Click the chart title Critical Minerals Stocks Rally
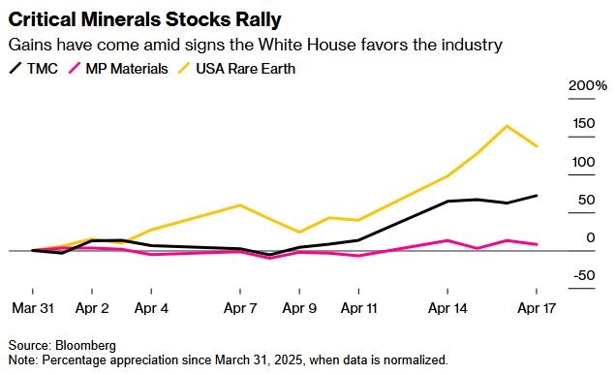144,19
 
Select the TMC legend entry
33,69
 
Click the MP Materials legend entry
118,69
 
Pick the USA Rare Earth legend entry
236,69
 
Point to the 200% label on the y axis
588,85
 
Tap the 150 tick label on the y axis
584,124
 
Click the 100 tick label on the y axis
583,162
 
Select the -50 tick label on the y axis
584,275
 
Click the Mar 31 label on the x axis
33,308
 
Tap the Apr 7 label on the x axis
240,308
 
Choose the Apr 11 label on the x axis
359,308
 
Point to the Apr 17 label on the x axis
537,308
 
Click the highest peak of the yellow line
507,126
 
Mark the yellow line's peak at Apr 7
239,205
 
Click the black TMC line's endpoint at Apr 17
537,196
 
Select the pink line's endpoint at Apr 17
537,244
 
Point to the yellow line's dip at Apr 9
299,232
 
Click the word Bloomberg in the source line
85,345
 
